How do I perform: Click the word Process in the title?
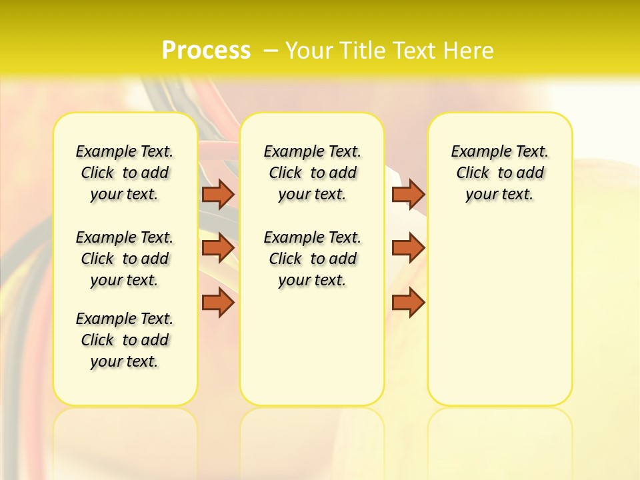[x=205, y=50]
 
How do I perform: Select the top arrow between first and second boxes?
[x=218, y=194]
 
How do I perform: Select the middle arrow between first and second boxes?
[x=218, y=247]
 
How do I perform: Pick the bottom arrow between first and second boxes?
[x=218, y=303]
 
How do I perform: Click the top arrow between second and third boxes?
[x=408, y=194]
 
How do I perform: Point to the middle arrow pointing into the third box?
[x=408, y=247]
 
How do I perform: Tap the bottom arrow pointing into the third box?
[x=408, y=303]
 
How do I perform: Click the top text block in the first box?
[x=125, y=173]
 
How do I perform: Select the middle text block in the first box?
[x=125, y=259]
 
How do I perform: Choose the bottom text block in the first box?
[x=125, y=340]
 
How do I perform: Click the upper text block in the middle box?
[x=312, y=173]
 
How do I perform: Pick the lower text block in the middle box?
[x=312, y=259]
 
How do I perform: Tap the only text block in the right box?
[x=500, y=173]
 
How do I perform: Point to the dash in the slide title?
[x=271, y=50]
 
